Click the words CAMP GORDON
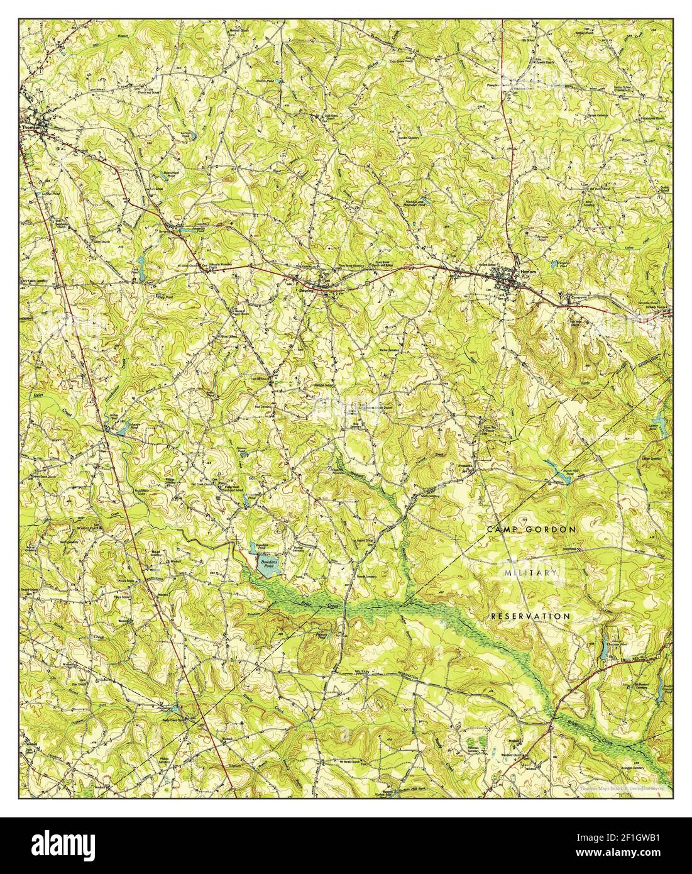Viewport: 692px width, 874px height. [531, 529]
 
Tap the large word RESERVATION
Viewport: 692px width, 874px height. [530, 616]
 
